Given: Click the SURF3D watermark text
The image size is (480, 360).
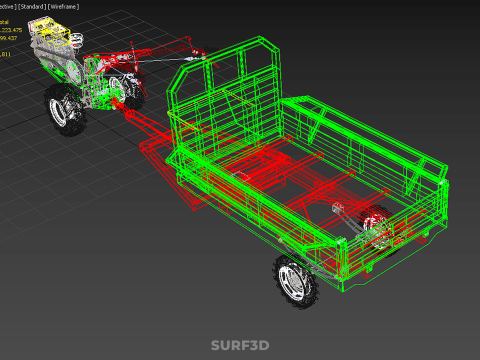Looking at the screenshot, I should (239, 345).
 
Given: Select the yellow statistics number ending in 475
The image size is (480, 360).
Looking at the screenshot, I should (14, 31).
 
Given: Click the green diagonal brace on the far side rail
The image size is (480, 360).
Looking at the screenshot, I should (325, 120).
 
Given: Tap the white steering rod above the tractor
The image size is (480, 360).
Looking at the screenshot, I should (160, 60).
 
